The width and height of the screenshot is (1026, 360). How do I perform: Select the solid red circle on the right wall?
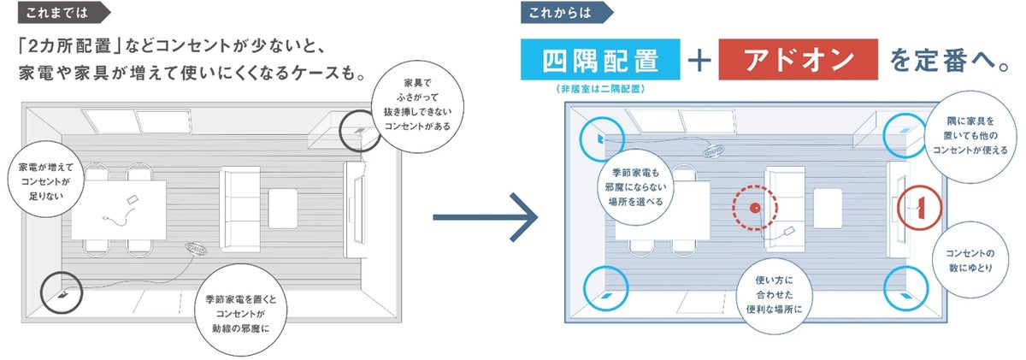919,207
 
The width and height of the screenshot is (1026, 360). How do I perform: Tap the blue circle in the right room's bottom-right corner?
905,288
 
